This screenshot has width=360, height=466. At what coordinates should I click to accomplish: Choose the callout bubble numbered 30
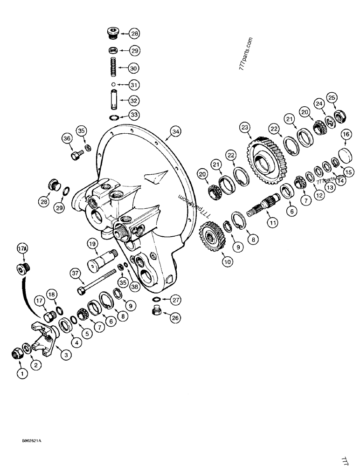[x=134, y=68]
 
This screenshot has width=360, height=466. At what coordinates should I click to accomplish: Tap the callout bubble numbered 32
[x=134, y=100]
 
